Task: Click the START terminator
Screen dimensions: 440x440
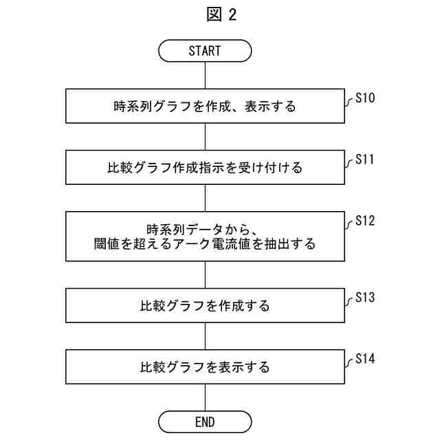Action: click(205, 51)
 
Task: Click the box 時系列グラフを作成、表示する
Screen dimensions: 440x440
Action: click(205, 107)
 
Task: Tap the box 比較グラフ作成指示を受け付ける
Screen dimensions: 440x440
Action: click(205, 167)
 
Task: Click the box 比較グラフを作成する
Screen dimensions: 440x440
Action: click(205, 305)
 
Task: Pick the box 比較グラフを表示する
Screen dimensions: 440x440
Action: click(205, 366)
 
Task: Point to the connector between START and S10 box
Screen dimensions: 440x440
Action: click(205, 75)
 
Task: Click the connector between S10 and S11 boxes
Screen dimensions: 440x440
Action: click(205, 137)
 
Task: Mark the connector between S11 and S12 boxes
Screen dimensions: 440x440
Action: click(205, 197)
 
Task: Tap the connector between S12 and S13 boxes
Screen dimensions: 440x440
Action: click(205, 275)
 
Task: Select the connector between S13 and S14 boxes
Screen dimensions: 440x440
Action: click(205, 336)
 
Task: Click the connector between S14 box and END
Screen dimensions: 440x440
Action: click(205, 397)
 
